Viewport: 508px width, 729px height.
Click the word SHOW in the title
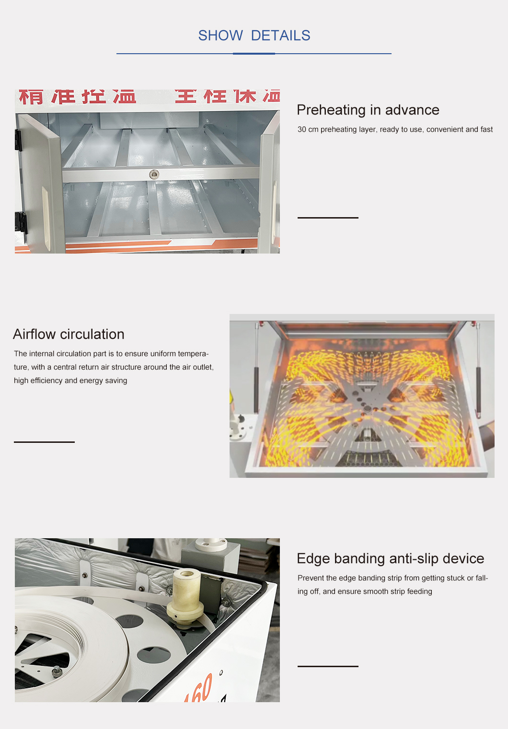coord(220,35)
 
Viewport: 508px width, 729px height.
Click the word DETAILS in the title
coord(280,35)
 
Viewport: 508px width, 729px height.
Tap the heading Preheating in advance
coord(368,110)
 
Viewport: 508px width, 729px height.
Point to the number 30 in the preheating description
coord(301,129)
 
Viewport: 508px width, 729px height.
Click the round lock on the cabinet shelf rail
coord(154,174)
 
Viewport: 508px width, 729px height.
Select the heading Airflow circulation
coord(69,334)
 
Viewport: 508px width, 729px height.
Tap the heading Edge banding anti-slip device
coord(390,558)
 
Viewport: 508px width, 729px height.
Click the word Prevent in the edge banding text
coord(311,578)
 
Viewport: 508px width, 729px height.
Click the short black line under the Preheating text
coord(328,218)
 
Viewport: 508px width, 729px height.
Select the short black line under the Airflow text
coord(44,442)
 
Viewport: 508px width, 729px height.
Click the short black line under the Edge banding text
coord(328,666)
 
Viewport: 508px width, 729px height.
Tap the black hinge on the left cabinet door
coord(21,223)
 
